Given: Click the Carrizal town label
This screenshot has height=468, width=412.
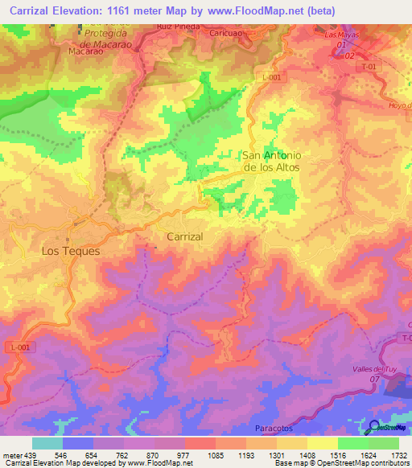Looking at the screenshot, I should tap(184, 237).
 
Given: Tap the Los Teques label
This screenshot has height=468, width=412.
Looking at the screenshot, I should tap(71, 251).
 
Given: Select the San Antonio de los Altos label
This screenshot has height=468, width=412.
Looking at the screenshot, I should tap(271, 161).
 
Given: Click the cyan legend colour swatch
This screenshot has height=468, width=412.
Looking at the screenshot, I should tap(47, 443).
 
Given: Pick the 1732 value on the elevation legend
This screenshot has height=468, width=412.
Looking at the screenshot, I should tap(397, 454).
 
